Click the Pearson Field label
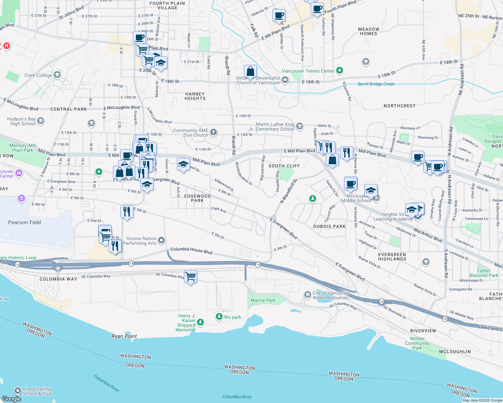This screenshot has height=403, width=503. pos(25,222)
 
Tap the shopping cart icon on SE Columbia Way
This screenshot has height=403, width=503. pos(191,277)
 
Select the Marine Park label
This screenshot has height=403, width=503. pos(263,300)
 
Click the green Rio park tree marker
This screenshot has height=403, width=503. pos(219,317)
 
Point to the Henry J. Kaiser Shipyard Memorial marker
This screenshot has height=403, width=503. pos(200,322)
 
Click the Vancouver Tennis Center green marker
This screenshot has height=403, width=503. pos(340,71)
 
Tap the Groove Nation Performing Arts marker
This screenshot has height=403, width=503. pos(161,240)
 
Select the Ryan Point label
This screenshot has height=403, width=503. pos(124,336)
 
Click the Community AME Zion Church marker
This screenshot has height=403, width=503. pos(214,132)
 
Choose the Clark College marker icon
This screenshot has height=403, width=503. pos(57,75)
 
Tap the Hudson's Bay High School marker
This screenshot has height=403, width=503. pos(41,121)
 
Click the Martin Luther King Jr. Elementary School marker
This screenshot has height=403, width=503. pos(300,126)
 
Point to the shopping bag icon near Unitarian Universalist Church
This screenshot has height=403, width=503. pos(250,72)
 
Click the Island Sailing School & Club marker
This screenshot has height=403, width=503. pos(18,391)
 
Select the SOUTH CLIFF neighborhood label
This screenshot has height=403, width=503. pos(284,166)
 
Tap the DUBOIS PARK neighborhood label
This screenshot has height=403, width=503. pos(330,226)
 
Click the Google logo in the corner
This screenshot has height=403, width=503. pos(11,399)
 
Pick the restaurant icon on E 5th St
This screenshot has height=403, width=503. pos(127,212)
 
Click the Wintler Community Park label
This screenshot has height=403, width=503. pos(417,343)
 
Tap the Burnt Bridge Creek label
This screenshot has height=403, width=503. pos(376,84)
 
